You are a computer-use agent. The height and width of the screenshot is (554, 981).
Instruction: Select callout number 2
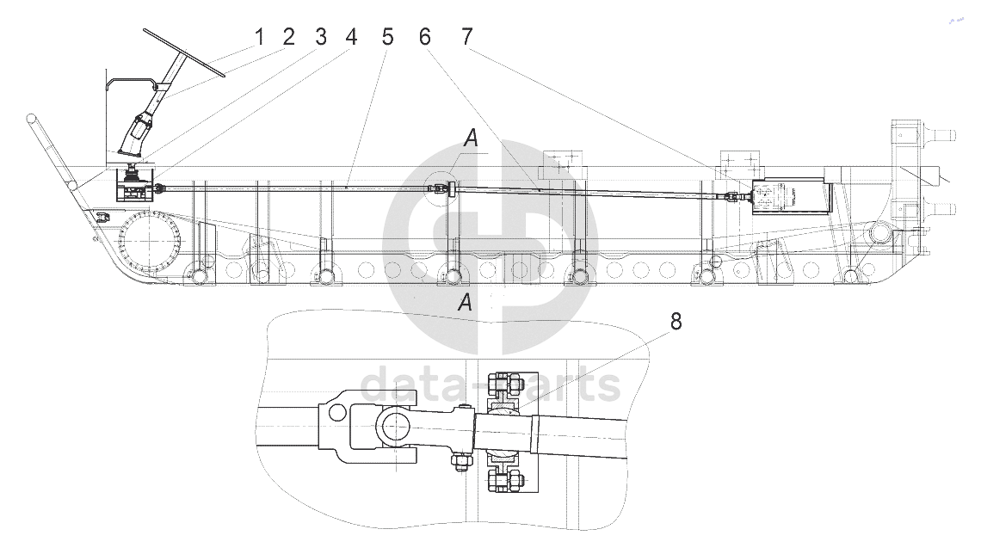288,38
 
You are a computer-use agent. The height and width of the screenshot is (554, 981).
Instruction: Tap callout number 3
321,38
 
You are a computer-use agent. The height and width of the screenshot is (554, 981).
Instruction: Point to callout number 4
351,38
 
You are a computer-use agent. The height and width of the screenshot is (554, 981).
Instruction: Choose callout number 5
388,38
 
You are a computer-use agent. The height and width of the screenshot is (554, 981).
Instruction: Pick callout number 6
425,38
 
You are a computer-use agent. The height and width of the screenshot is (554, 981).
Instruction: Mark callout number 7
466,38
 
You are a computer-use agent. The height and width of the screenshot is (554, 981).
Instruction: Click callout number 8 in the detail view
676,322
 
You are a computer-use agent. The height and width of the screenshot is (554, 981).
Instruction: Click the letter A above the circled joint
471,138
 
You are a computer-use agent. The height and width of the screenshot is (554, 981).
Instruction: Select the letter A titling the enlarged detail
465,302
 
